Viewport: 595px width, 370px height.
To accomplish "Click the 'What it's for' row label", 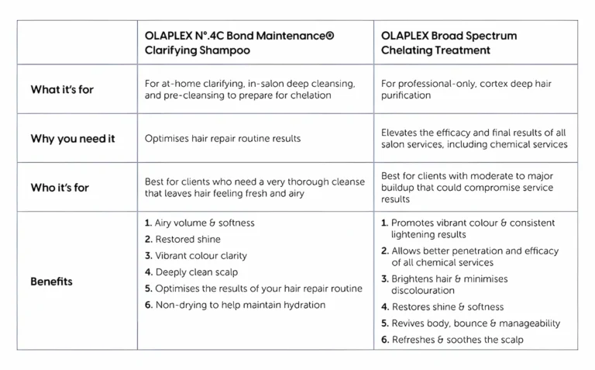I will pos(62,89).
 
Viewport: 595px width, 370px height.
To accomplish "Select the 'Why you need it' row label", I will pos(72,139).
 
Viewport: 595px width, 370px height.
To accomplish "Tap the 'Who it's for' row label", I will pos(60,188).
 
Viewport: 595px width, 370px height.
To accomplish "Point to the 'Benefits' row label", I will pos(51,282).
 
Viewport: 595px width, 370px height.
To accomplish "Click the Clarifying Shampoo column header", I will pos(239,43).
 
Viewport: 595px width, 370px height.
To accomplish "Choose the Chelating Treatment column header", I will pos(449,43).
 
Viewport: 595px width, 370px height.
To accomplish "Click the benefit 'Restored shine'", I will pos(187,240).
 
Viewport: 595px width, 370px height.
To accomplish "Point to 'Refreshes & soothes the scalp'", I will pos(457,340).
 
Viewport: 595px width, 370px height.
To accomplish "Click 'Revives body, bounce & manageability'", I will pos(476,323).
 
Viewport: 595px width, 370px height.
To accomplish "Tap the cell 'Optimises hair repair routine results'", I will pos(222,139).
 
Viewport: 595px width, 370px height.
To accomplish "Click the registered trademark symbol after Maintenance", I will pos(331,36).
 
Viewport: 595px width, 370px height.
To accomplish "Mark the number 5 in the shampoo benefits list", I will pos(148,289).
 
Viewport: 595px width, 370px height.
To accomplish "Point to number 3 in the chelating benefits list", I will pos(384,279).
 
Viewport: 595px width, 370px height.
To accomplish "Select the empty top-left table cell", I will pos(77,43).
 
